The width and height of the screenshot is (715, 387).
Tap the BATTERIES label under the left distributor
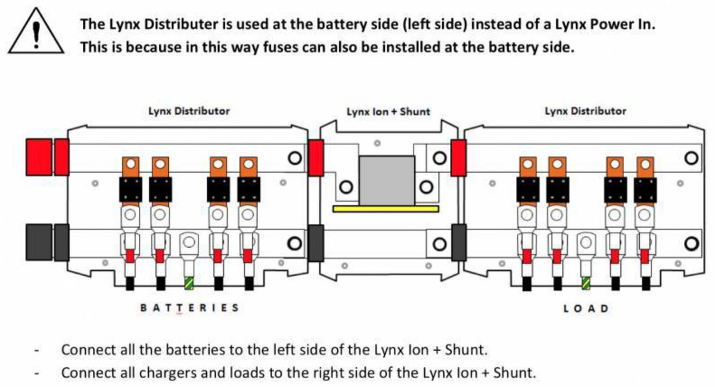pos(189,308)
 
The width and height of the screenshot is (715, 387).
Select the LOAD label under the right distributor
pos(586,308)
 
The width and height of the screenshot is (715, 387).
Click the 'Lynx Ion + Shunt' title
pos(388,111)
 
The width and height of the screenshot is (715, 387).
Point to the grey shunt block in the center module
pos(387,179)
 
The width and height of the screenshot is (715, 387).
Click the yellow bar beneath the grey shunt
pos(386,209)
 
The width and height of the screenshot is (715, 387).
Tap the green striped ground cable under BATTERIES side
pos(189,283)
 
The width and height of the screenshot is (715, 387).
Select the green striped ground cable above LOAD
pos(586,283)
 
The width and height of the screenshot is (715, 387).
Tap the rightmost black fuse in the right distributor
pos(645,189)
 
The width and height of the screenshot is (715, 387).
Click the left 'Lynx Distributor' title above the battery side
pos(189,111)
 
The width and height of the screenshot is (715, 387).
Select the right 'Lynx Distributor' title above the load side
pos(585,111)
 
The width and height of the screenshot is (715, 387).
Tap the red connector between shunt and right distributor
pos(458,158)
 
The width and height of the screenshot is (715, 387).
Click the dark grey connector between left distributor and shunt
pos(316,242)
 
